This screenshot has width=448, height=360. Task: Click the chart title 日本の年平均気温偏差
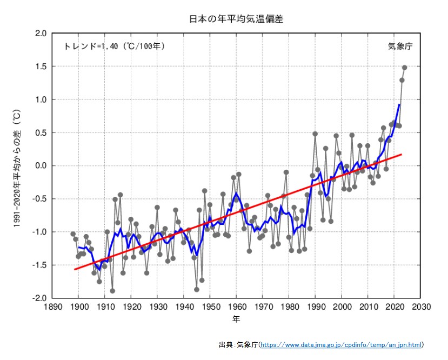[x=236, y=19]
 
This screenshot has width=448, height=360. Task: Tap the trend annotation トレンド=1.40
[x=114, y=46]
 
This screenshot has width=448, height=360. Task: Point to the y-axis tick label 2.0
[x=41, y=34]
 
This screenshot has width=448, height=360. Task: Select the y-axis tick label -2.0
[x=39, y=298]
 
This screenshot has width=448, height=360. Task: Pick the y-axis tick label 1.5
[x=41, y=66]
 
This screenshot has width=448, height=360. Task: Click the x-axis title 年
[x=236, y=319]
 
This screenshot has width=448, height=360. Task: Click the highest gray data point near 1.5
[x=405, y=68]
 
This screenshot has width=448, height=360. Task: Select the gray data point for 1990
[x=315, y=134]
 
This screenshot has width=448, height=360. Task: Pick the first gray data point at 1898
[x=73, y=234]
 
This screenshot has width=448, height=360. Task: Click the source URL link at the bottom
[x=342, y=344]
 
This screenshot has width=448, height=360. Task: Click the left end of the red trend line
[x=74, y=269]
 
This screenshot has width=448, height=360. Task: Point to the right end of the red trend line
[x=402, y=155]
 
